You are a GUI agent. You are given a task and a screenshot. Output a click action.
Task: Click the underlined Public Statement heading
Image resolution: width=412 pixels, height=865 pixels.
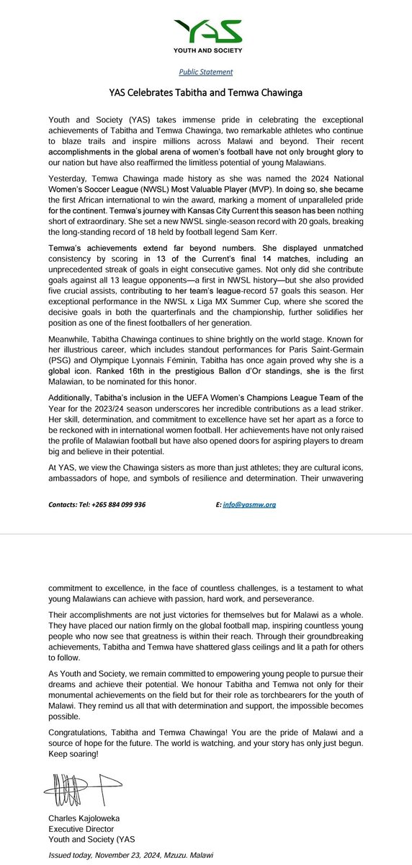pos(205,72)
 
